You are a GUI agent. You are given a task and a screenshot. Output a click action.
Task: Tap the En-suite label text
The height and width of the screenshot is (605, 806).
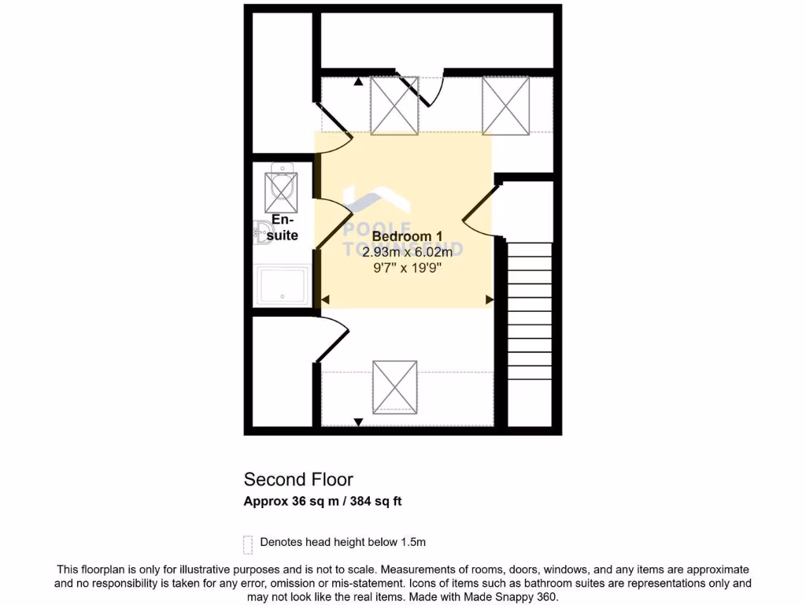coord(283,228)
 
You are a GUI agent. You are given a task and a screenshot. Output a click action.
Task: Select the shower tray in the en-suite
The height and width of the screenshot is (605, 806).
coord(283,285)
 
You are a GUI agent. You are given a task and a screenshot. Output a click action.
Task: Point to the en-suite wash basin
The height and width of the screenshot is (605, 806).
coord(261,231)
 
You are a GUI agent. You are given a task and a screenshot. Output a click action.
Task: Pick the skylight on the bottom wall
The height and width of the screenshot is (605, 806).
coord(394,386)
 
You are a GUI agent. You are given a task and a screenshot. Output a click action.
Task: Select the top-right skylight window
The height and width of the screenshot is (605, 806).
coord(505,106)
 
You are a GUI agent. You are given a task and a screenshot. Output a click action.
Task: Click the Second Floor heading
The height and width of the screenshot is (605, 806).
coord(298,479)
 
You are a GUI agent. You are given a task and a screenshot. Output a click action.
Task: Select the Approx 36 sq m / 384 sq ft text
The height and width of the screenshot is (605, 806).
coord(323,501)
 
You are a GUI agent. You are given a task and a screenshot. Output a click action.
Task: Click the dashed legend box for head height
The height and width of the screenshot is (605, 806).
coord(248,544)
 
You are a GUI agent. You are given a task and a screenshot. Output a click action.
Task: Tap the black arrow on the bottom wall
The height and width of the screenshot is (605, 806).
coord(359,422)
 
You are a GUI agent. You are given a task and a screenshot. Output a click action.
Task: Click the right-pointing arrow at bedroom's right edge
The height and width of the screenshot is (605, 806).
coord(489,299)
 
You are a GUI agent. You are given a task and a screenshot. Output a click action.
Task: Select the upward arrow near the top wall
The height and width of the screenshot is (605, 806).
coord(359,81)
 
